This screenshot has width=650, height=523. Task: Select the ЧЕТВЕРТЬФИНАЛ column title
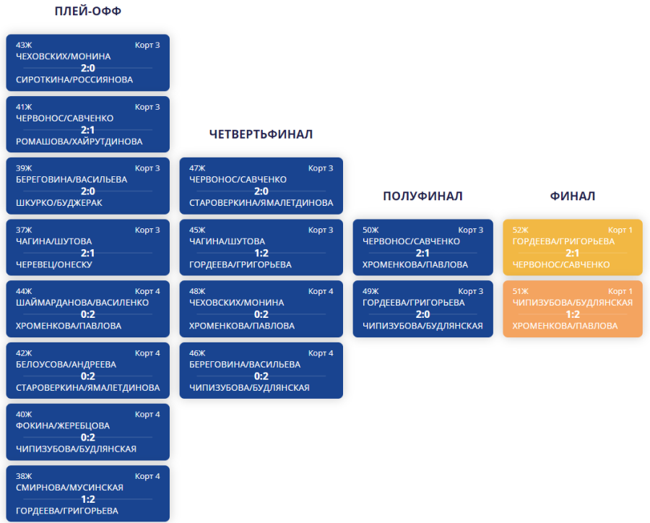pyautogui.click(x=261, y=134)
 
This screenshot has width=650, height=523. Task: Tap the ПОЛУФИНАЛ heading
pyautogui.click(x=422, y=196)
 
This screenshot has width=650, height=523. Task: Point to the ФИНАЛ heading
pyautogui.click(x=572, y=196)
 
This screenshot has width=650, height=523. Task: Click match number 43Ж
pyautogui.click(x=24, y=45)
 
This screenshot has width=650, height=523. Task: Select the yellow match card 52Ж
pyautogui.click(x=572, y=247)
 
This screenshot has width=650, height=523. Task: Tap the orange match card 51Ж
pyautogui.click(x=572, y=308)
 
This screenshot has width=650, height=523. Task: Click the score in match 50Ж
pyautogui.click(x=422, y=253)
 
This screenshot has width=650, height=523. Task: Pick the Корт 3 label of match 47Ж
pyautogui.click(x=321, y=168)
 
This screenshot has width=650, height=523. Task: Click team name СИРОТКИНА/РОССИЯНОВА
pyautogui.click(x=74, y=79)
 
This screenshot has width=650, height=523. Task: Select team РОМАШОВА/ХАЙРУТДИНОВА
pyautogui.click(x=79, y=141)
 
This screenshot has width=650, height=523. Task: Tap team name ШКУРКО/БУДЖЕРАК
pyautogui.click(x=59, y=202)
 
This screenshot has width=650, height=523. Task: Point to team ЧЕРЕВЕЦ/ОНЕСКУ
pyautogui.click(x=54, y=264)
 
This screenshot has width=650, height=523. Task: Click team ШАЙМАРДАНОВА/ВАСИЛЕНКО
pyautogui.click(x=82, y=303)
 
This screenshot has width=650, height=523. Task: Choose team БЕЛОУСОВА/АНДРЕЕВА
pyautogui.click(x=66, y=364)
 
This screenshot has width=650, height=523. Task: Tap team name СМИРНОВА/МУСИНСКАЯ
pyautogui.click(x=69, y=487)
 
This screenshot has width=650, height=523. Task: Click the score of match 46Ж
pyautogui.click(x=261, y=376)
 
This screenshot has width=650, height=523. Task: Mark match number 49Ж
pyautogui.click(x=370, y=291)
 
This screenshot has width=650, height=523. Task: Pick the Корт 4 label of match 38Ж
pyautogui.click(x=147, y=476)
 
